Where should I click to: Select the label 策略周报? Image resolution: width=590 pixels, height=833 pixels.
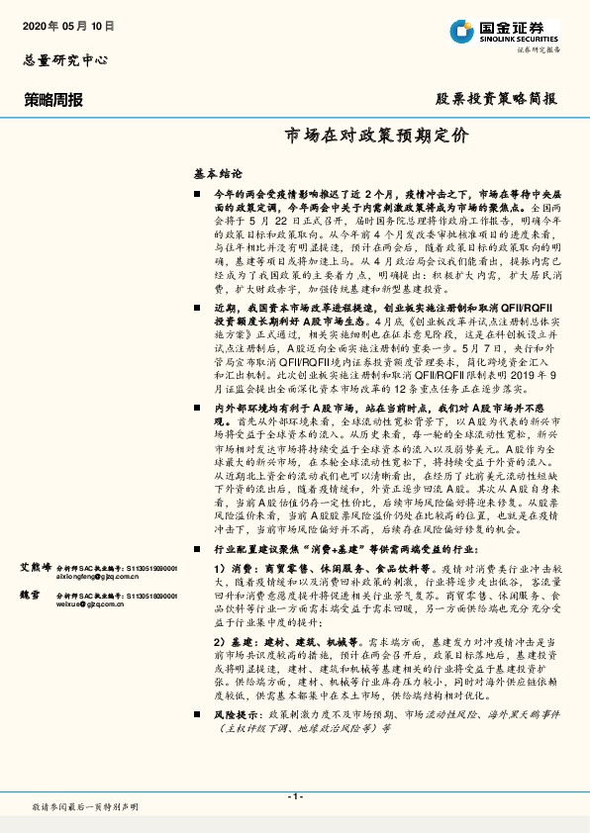click(52, 99)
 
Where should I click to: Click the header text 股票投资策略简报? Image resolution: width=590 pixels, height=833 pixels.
click(497, 99)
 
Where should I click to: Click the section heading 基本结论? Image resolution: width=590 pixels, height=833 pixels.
click(218, 172)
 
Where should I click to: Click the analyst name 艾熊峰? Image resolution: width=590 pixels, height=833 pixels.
click(37, 568)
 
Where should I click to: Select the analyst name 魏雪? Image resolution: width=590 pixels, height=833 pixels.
click(31, 596)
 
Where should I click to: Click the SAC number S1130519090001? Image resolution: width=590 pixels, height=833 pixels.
click(143, 568)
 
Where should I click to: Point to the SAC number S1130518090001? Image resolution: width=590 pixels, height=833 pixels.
click(143, 596)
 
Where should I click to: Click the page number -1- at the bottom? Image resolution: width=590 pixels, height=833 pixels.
click(294, 797)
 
